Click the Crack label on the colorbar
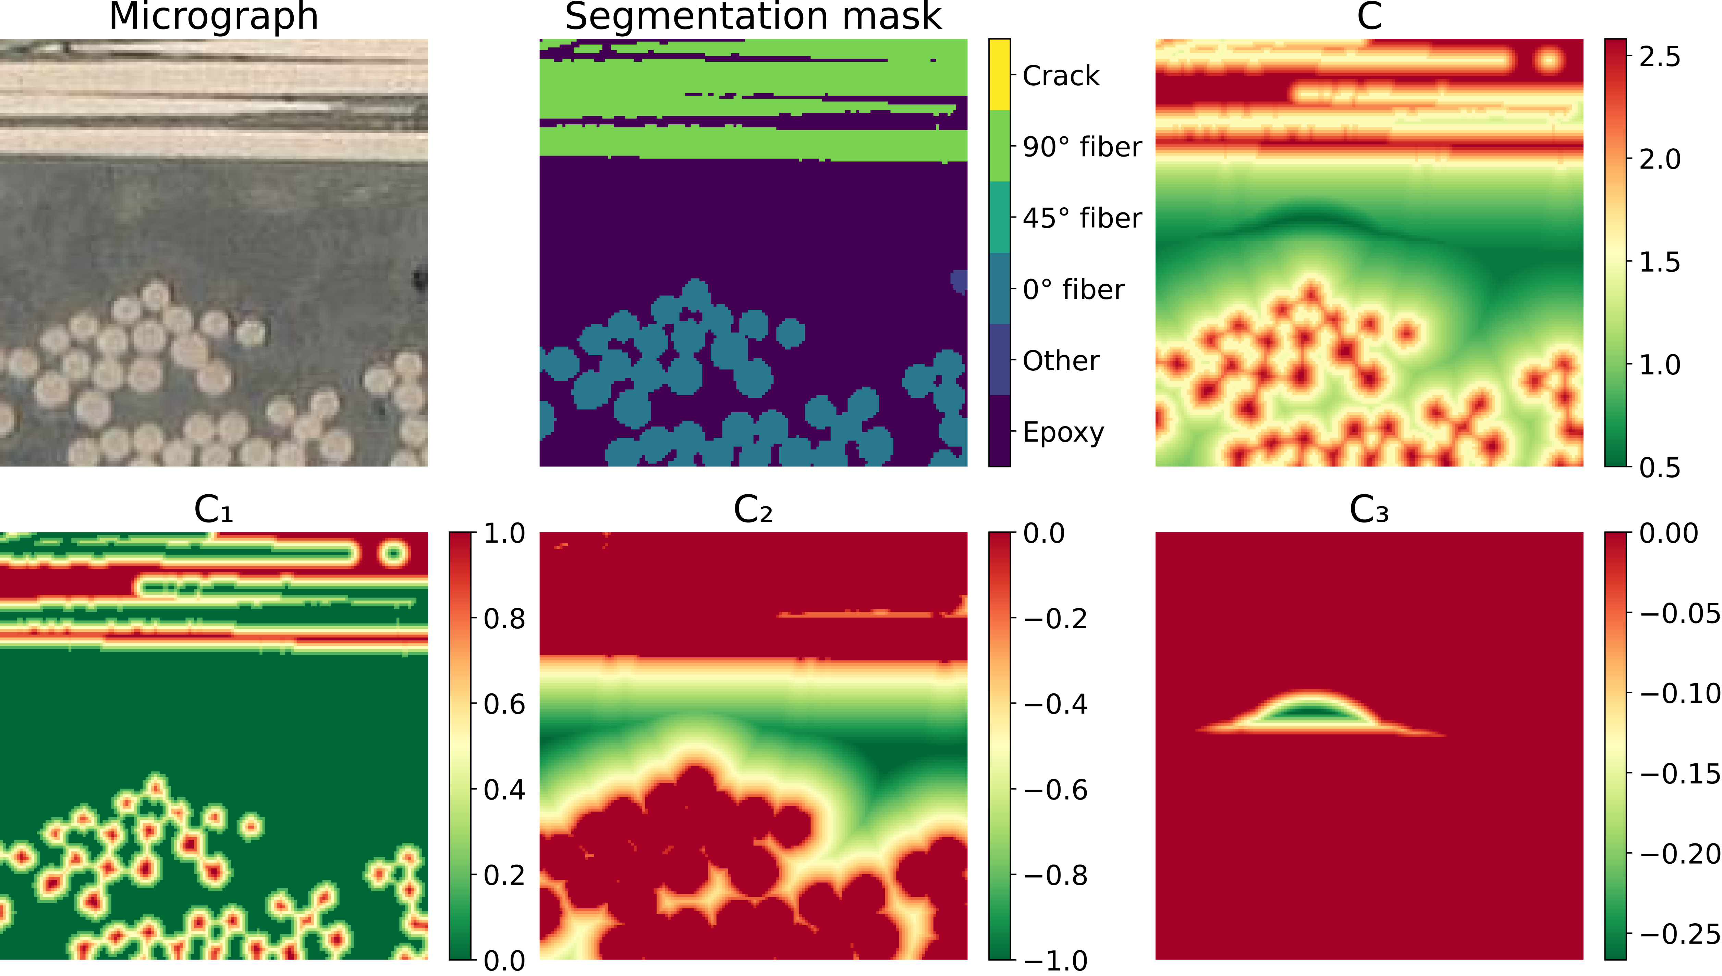point(1061,76)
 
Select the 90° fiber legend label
point(1082,147)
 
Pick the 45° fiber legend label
point(1082,219)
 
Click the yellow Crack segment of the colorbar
point(999,74)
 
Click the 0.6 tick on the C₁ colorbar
point(504,705)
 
